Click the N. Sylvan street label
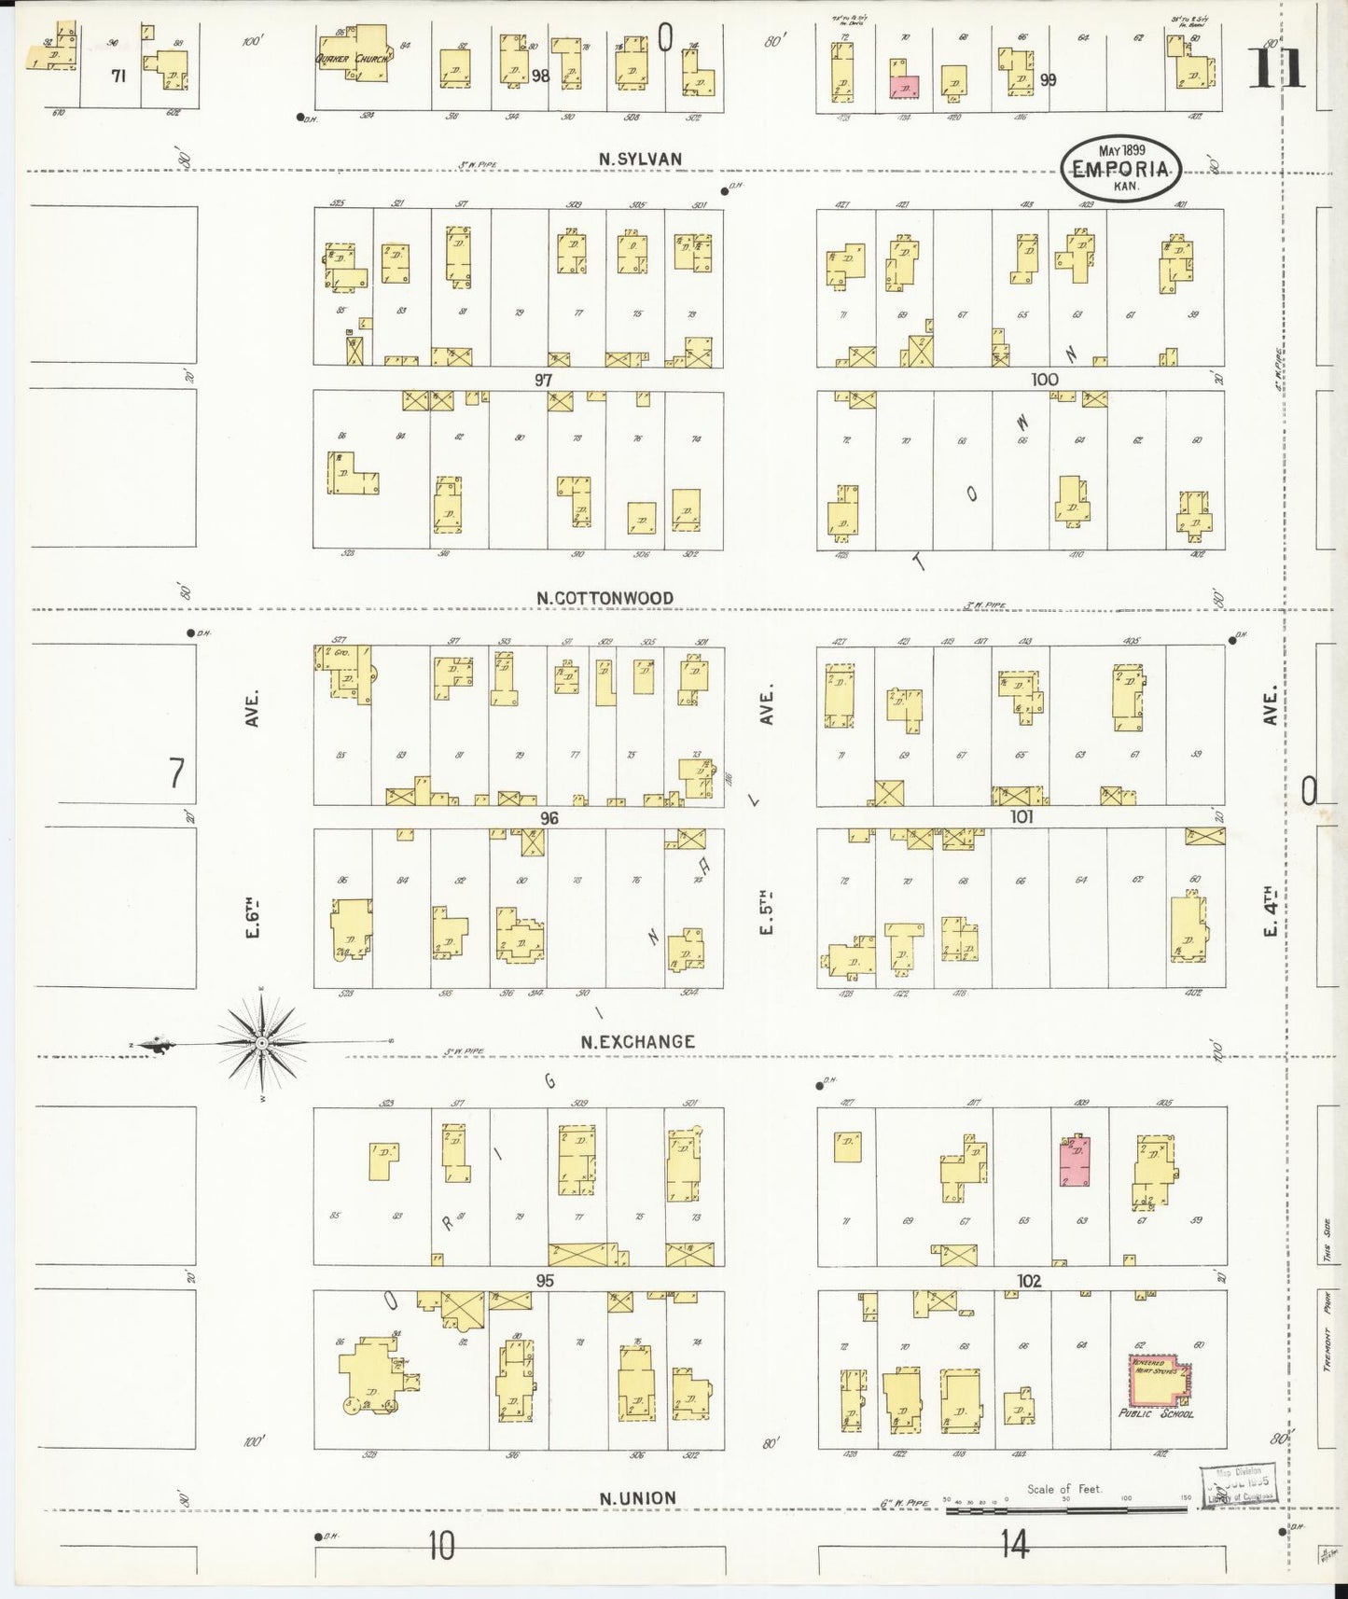[640, 160]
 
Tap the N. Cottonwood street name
[605, 598]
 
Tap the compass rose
[263, 1041]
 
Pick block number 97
[544, 380]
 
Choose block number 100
[1045, 379]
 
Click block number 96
[549, 818]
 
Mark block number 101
[1021, 817]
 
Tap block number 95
[545, 1281]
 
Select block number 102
[1029, 1281]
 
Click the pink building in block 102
[1076, 1161]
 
